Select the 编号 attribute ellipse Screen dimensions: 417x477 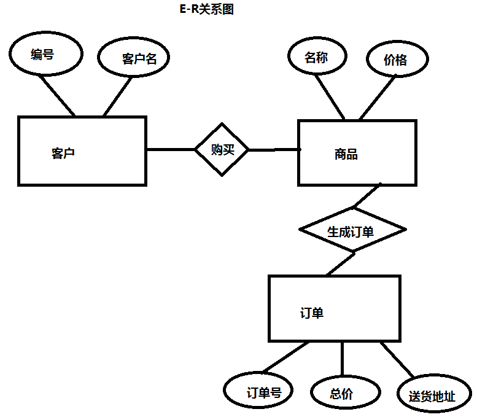45,55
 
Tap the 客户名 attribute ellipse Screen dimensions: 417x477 133,58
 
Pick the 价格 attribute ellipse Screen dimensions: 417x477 397,60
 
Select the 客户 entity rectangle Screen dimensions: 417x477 82,151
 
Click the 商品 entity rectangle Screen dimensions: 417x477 357,153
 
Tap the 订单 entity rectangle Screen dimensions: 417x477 334,308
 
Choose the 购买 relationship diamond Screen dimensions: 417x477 222,149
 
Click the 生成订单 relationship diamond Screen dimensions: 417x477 352,231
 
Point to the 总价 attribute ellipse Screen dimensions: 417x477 342,394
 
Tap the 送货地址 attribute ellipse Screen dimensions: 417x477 434,395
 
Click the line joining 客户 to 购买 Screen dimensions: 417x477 170,149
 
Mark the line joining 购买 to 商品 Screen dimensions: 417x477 273,150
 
